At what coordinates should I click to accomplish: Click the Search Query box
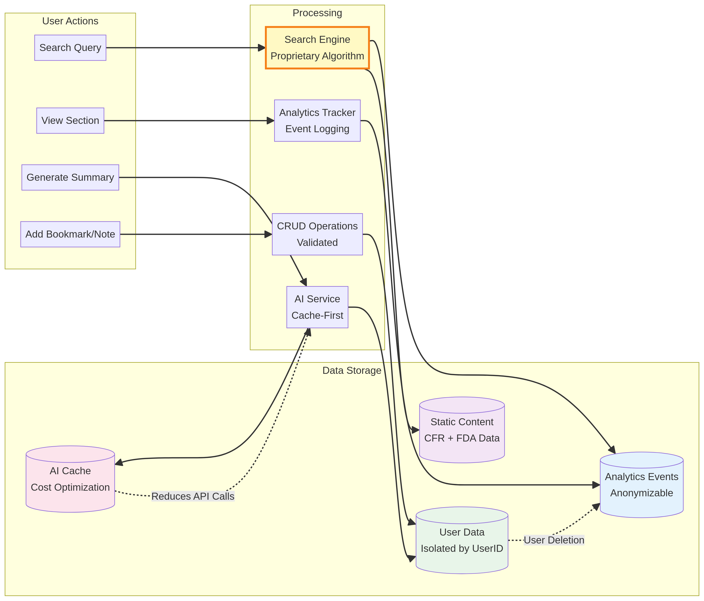coord(70,48)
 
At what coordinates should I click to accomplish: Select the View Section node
coord(70,121)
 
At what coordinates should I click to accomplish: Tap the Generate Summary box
coord(70,177)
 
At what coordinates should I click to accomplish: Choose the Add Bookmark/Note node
coord(70,234)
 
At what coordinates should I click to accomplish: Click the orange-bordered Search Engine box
coord(317,48)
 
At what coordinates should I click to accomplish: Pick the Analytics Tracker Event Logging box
coord(317,121)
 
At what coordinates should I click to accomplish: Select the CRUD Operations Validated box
coord(317,234)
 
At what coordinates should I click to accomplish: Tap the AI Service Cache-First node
coord(317,307)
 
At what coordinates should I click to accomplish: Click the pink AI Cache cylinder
coord(70,479)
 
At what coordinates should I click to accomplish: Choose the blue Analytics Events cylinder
coord(641,485)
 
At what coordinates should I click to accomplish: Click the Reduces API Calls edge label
coord(193,496)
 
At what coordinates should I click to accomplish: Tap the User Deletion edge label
coord(554,540)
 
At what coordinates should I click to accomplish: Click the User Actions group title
coord(70,21)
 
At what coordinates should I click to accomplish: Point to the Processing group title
coord(317,13)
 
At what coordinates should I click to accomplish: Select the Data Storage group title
coord(352,370)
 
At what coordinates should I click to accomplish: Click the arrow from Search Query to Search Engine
coord(185,48)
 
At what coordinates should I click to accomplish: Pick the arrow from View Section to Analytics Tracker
coord(189,121)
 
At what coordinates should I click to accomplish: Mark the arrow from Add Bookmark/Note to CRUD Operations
coord(195,234)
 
